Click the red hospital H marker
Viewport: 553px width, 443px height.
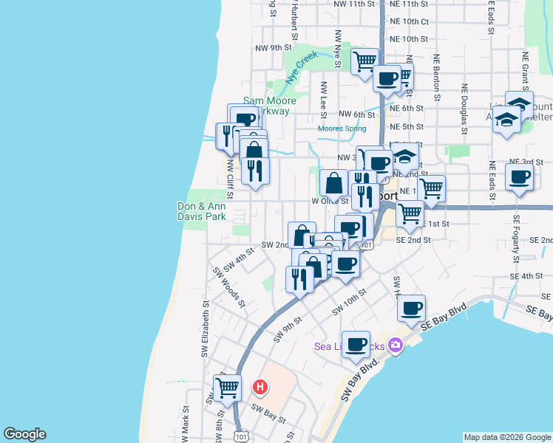[x=260, y=386]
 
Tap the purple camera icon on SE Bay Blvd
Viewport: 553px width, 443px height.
[x=396, y=345]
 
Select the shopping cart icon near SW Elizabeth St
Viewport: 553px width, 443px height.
[x=228, y=387]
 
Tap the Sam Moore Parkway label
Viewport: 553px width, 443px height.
[x=270, y=106]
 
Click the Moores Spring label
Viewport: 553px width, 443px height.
[x=342, y=128]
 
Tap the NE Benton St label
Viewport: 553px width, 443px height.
[x=437, y=77]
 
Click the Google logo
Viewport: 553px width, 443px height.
[x=24, y=434]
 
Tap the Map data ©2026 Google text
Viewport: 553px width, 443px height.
[x=506, y=437]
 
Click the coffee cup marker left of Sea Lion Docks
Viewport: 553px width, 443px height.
[x=356, y=343]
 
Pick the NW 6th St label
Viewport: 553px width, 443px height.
[x=357, y=114]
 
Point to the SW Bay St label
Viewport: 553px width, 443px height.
[x=268, y=413]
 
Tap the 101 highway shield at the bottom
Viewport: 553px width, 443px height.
[x=242, y=436]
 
